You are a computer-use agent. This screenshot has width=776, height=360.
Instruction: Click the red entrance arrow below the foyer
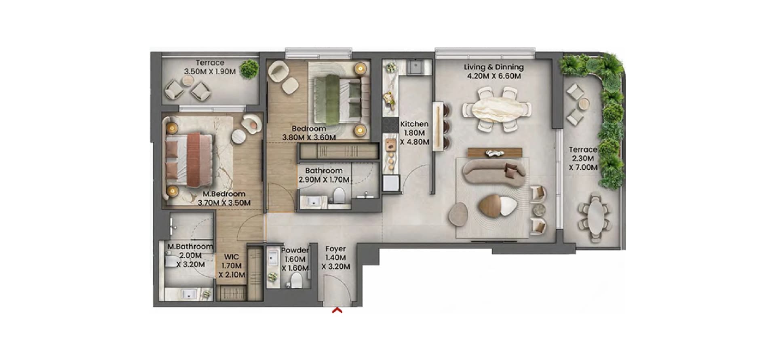(337, 310)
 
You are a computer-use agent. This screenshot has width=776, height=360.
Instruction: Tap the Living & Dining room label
(493, 67)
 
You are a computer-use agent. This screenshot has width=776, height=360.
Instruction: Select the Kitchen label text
(414, 124)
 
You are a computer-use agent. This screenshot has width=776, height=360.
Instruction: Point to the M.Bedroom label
(224, 194)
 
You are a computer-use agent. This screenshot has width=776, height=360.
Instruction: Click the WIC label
(232, 257)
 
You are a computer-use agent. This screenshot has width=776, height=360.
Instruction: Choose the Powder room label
(295, 251)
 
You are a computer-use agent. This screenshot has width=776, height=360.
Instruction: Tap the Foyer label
(335, 249)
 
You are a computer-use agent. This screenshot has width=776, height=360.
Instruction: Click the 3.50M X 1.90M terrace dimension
(210, 72)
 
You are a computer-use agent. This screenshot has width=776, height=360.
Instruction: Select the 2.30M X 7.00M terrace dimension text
(583, 163)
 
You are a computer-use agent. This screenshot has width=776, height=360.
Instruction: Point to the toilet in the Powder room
(296, 280)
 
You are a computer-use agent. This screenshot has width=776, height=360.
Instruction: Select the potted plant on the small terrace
(249, 69)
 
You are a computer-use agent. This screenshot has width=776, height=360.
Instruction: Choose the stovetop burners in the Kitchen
(390, 124)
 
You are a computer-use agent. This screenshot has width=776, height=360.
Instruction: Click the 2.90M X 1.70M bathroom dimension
(324, 179)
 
